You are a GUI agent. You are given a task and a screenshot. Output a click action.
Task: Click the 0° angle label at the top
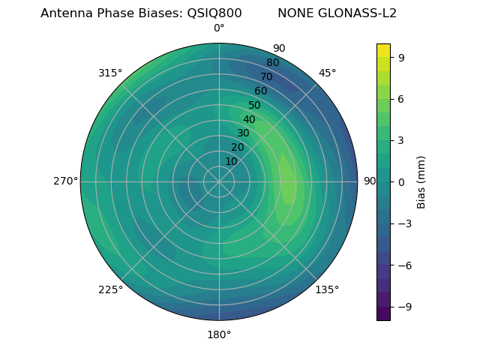[219, 28]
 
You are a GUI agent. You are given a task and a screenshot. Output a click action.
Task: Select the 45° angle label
[327, 73]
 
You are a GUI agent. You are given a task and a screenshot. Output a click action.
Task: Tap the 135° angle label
[327, 289]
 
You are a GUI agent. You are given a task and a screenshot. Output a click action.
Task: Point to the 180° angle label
[219, 334]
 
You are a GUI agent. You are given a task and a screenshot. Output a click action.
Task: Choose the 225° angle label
[110, 289]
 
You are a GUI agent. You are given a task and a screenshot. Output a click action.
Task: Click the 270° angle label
[65, 181]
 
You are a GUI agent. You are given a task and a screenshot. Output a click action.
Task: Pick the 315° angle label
[110, 73]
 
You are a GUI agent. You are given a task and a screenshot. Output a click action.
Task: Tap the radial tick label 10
[231, 161]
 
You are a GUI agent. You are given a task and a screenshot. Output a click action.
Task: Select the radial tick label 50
[255, 105]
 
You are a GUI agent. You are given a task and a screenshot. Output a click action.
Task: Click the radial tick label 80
[273, 62]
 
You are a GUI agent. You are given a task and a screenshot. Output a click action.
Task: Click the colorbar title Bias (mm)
[421, 181]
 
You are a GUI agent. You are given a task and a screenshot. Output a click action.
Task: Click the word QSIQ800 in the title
[214, 13]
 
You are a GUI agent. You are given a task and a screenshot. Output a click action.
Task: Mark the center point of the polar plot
[219, 181]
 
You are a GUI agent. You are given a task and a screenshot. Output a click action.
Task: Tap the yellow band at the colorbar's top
[383, 49]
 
